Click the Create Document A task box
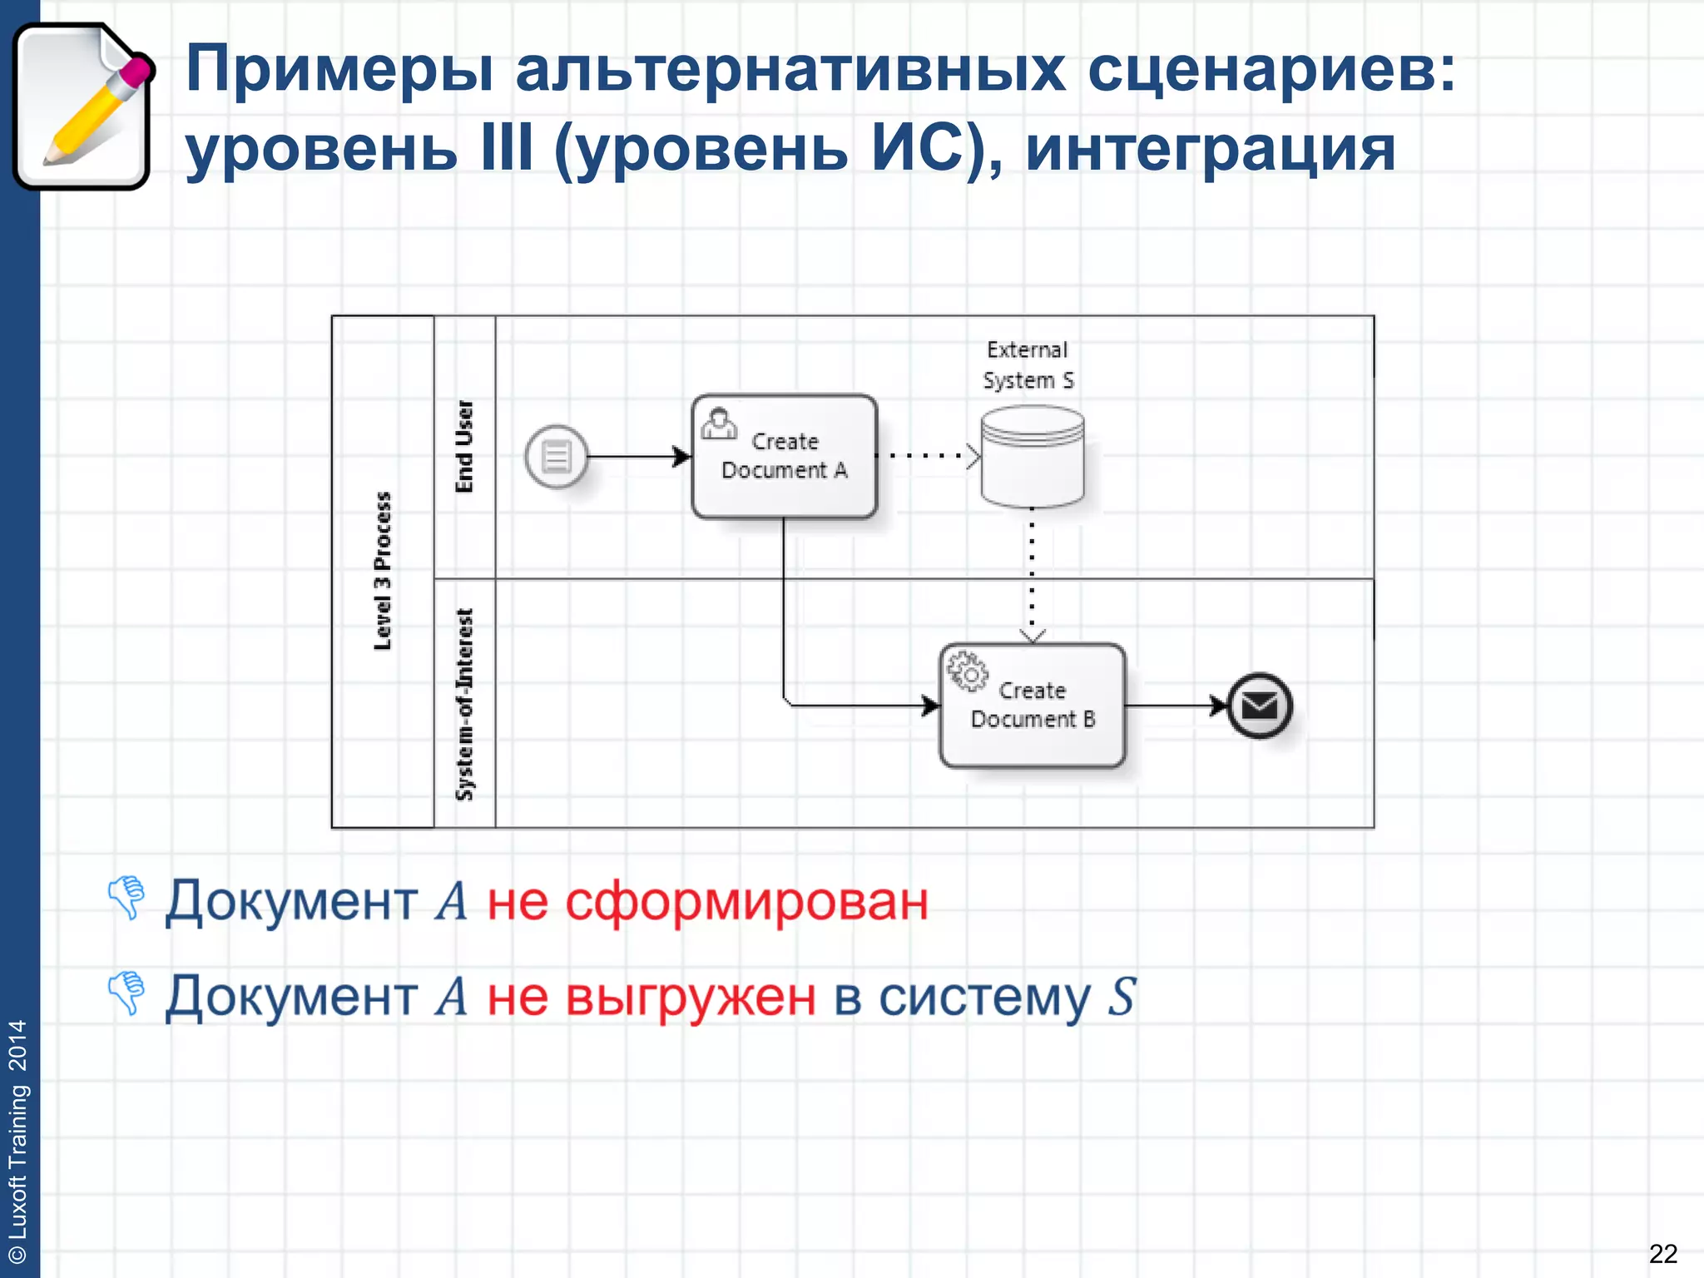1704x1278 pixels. (784, 456)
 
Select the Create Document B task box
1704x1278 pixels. (1032, 706)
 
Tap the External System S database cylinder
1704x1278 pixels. (1032, 457)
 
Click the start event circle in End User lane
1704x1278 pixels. (556, 456)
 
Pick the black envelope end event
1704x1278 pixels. (1260, 706)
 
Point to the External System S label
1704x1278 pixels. (1028, 364)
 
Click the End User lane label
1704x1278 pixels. (464, 447)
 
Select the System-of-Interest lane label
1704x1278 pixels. (464, 704)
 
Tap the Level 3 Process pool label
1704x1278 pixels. (382, 571)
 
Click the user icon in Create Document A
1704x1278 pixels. (719, 424)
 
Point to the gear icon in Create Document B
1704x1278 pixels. (968, 671)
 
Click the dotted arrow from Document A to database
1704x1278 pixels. (928, 456)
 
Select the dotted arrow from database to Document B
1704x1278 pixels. (1032, 574)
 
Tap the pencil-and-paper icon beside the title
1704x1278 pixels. (82, 106)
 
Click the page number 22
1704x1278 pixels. (1662, 1253)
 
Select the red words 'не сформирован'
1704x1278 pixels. (707, 900)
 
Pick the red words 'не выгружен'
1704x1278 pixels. (651, 997)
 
